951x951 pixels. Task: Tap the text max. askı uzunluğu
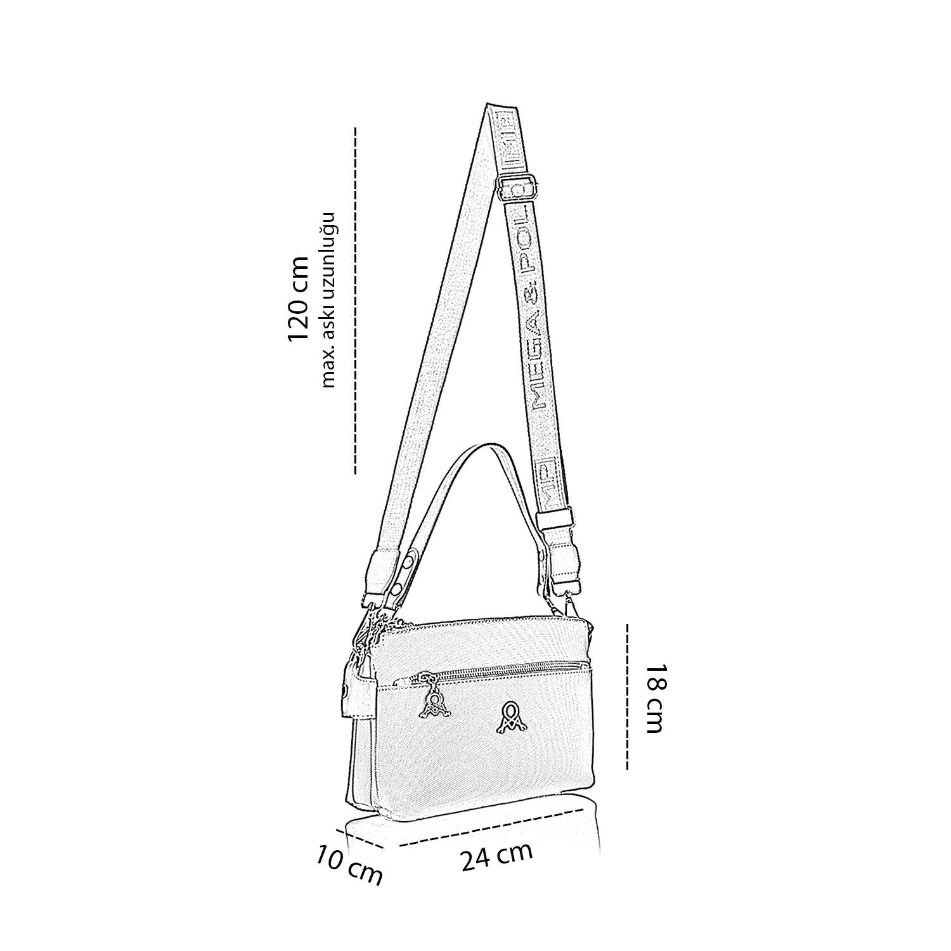[328, 299]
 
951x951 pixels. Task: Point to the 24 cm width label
[496, 857]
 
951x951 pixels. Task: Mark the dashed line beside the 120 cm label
[356, 301]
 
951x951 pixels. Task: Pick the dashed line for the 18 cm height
[627, 696]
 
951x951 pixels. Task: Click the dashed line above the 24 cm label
[491, 827]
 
